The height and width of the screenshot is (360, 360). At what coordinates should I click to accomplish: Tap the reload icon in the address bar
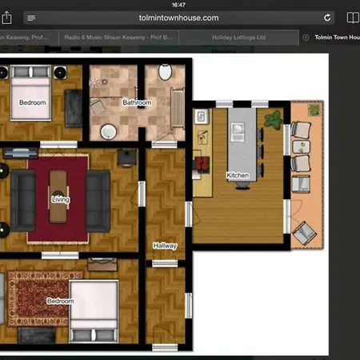point(327,17)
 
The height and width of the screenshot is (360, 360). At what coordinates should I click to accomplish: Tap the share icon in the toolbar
point(353,17)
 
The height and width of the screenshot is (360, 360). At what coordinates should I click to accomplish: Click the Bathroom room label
point(136,102)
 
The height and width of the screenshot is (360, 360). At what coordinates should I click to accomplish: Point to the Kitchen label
point(238,174)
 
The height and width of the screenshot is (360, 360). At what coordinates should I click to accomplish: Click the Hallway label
point(164,246)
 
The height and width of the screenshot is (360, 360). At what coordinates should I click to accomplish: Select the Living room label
point(60,198)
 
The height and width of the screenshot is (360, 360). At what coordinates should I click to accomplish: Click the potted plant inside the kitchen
point(274,120)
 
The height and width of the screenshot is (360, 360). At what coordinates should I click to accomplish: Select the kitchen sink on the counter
point(201,118)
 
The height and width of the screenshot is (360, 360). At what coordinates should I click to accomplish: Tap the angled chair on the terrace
point(304,231)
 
